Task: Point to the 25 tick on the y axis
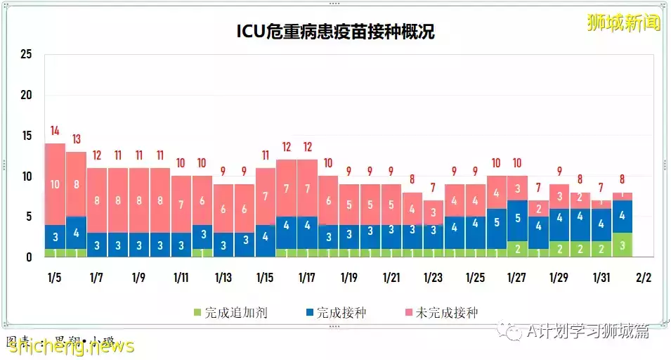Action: click(27, 55)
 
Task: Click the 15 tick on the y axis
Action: click(27, 136)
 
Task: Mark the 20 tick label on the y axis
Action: click(27, 96)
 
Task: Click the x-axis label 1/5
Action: click(55, 278)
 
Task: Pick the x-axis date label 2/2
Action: click(643, 278)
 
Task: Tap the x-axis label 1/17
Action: click(307, 278)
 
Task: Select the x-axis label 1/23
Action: click(434, 278)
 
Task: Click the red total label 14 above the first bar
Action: click(55, 131)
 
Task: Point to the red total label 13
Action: click(76, 139)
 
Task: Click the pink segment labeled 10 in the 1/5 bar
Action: click(55, 184)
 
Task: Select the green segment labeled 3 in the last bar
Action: click(622, 245)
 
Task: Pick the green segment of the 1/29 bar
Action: click(559, 248)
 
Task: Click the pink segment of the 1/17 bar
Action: click(307, 188)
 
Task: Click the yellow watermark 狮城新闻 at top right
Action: click(623, 22)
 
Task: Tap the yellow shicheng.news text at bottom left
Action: click(70, 346)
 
